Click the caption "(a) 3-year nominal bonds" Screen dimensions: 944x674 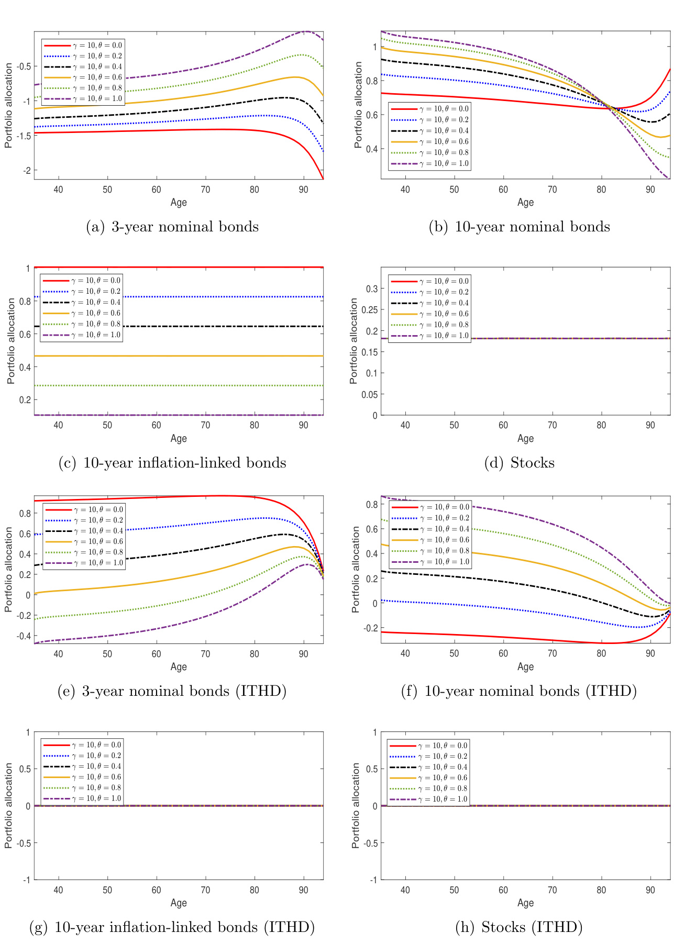172,227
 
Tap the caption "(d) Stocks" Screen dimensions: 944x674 518,463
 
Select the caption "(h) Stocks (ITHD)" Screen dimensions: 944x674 518,927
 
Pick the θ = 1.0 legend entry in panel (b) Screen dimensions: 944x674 429,163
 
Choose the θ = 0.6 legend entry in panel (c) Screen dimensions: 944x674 81,313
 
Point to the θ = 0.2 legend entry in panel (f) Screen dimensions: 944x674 429,518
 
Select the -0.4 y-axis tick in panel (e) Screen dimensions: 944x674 23,636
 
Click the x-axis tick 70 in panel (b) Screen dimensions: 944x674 552,190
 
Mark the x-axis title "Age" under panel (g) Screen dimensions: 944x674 179,903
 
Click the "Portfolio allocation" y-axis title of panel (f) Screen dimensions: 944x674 356,570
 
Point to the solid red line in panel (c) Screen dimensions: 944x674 209,268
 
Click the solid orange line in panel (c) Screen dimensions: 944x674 209,356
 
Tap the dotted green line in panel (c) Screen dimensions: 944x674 209,385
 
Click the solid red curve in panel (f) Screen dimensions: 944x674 524,638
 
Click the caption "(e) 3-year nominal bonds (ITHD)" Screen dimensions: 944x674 172,691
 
